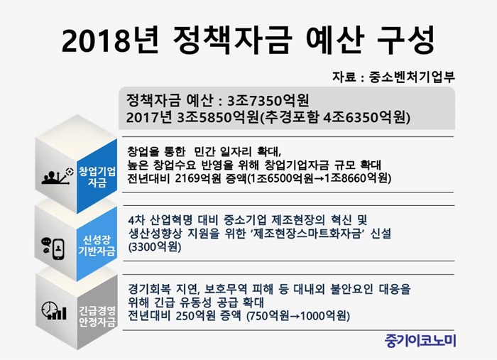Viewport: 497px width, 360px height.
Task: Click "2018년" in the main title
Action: click(x=109, y=40)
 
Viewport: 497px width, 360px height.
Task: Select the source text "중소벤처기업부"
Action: click(x=412, y=77)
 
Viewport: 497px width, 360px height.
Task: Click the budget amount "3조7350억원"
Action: click(x=268, y=101)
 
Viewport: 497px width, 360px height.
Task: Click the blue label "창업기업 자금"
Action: click(x=97, y=177)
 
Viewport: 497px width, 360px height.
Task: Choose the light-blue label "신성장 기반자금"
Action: click(x=97, y=246)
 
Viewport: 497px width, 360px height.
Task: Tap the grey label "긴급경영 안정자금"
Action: click(x=97, y=316)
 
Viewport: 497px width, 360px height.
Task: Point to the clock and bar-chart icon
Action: click(x=54, y=310)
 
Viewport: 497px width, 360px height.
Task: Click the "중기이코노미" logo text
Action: click(x=420, y=341)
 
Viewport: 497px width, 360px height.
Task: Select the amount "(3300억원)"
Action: click(x=155, y=247)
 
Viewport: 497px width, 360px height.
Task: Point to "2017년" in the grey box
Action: click(x=149, y=118)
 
